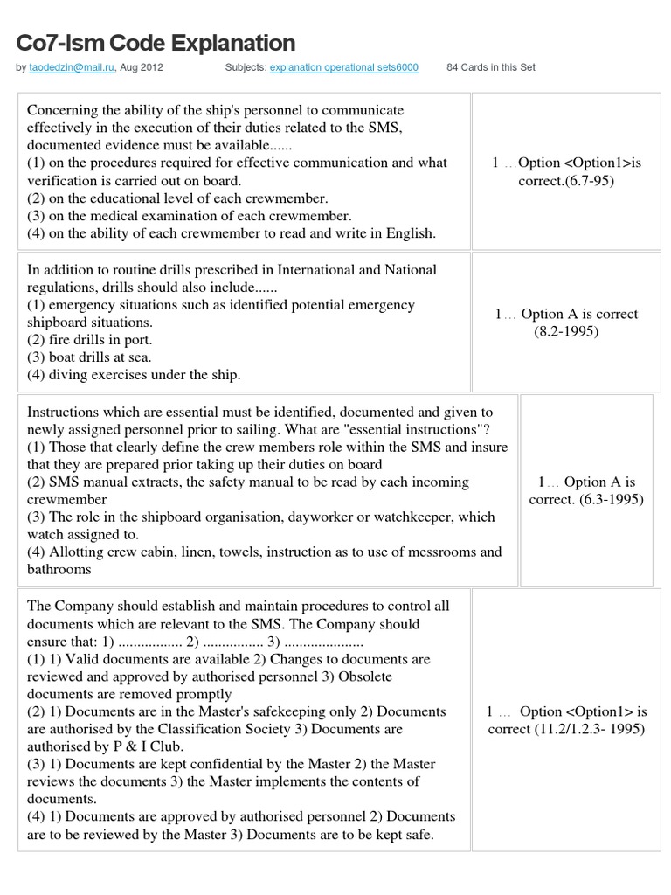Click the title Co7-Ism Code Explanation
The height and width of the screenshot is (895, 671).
point(156,43)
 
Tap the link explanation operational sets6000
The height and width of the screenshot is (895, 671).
point(344,67)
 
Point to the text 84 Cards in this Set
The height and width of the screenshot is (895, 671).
point(490,67)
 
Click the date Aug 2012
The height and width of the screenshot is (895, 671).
point(142,67)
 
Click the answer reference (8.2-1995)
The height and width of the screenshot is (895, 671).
point(566,331)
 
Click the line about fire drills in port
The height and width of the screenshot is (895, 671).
point(90,339)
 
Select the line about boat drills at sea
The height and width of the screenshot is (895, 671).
point(90,357)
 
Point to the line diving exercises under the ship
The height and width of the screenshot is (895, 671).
point(134,374)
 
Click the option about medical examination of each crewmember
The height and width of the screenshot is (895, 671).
point(190,215)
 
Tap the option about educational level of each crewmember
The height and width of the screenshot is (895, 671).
point(177,198)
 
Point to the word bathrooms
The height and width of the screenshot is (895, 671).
point(59,569)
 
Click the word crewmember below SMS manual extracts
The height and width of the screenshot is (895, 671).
point(67,499)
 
